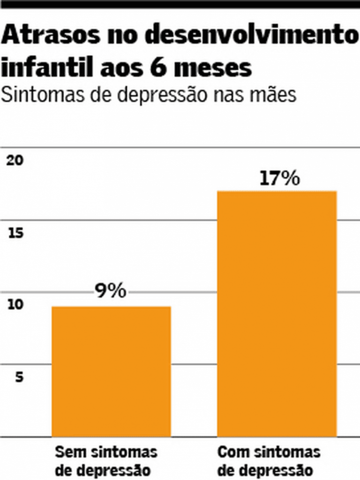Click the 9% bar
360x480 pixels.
point(111,371)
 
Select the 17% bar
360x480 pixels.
point(277,313)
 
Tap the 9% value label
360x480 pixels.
point(111,291)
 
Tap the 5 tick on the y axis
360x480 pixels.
point(19,377)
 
